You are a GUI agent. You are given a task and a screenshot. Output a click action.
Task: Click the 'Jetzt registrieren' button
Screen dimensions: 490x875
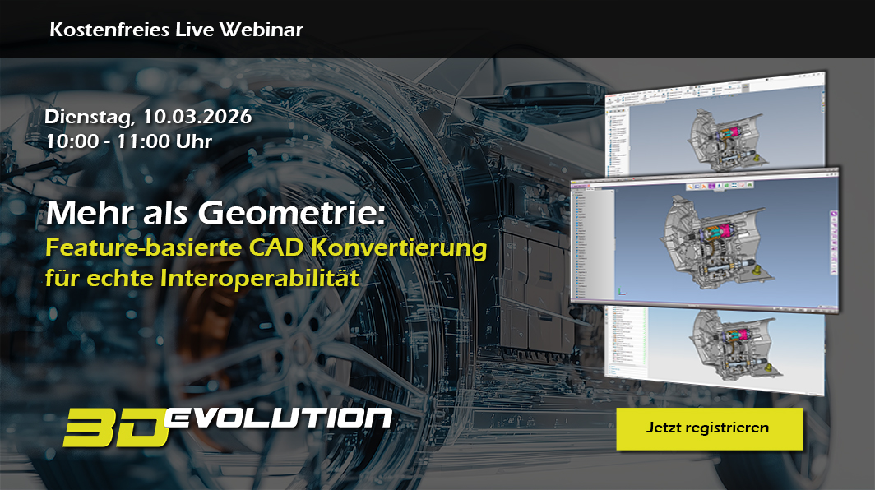coord(708,428)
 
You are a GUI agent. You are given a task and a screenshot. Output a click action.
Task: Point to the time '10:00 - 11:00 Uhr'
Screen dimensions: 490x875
coord(129,141)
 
